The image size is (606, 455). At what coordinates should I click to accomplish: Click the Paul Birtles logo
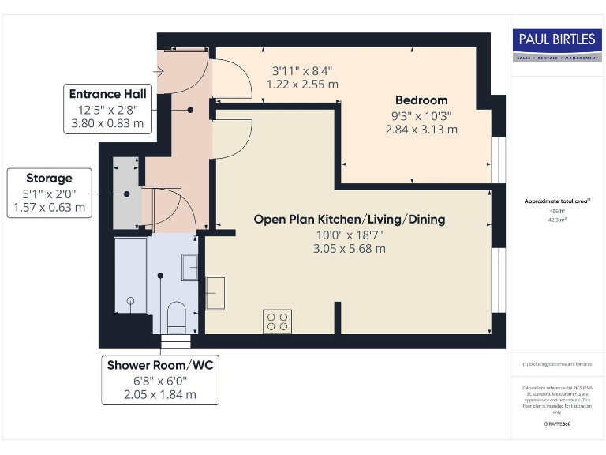point(557,46)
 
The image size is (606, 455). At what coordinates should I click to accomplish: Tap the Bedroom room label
point(421,100)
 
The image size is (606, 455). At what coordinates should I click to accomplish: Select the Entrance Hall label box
point(107,109)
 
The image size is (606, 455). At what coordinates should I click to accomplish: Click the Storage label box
point(49,194)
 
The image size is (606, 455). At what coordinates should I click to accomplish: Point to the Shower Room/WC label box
point(160,380)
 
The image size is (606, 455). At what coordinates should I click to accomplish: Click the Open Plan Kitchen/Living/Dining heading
point(349,220)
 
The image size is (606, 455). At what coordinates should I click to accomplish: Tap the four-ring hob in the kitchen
point(277,322)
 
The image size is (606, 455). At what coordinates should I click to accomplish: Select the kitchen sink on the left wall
point(215,293)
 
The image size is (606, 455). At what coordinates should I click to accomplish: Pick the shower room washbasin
point(190,267)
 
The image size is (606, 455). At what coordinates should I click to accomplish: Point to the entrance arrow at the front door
point(160,72)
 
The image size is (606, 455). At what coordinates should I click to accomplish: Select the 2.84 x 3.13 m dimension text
point(421,129)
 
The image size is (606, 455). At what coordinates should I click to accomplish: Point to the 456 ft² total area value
point(557,212)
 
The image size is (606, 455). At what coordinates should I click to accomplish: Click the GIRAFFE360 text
point(557,425)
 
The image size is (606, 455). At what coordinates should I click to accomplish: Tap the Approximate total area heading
point(557,202)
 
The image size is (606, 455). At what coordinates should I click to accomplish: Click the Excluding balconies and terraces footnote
point(557,364)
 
